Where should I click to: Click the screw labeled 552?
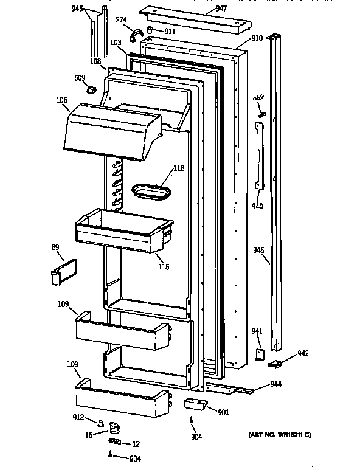point(260,114)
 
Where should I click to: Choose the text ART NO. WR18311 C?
point(279,435)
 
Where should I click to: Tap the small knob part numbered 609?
point(92,91)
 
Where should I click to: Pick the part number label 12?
point(136,443)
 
